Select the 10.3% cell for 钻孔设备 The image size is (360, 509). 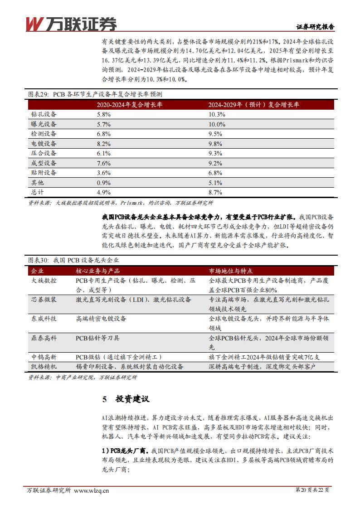(217, 115)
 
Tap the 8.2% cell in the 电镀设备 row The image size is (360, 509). (104, 143)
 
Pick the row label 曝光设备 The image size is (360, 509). (44, 124)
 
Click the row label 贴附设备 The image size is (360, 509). (44, 173)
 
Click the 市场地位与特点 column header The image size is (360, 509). (231, 271)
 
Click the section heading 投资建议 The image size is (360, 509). (132, 399)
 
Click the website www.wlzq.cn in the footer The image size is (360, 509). (91, 490)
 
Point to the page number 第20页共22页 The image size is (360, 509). (312, 490)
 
